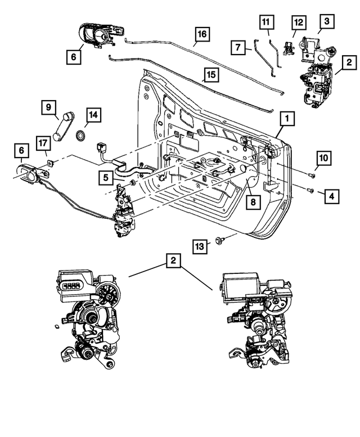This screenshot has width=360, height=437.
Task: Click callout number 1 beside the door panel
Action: (x=286, y=119)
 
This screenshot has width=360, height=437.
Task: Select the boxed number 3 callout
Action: (x=326, y=22)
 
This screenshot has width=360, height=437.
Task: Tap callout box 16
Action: (x=202, y=34)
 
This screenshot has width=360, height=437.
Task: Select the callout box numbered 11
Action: (x=266, y=23)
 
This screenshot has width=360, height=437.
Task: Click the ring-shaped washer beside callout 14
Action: (x=80, y=135)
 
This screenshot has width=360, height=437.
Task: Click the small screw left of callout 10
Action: (x=312, y=176)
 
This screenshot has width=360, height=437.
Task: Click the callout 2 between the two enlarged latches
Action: (x=174, y=261)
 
